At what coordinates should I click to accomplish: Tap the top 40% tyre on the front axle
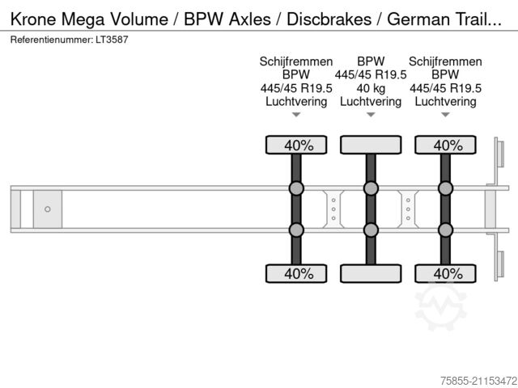tap(296, 145)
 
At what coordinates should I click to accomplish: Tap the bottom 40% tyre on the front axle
tap(296, 274)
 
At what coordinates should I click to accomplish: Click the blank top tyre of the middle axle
tap(371, 145)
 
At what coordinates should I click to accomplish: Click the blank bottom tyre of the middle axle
tap(371, 274)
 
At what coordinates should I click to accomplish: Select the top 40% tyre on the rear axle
tap(445, 145)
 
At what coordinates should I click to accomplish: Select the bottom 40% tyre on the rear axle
tap(445, 274)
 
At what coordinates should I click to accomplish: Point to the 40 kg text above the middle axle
tap(371, 88)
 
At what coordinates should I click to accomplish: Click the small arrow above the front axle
tap(296, 115)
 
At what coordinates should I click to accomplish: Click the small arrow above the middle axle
tap(371, 115)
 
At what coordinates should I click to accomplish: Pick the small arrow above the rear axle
tap(445, 115)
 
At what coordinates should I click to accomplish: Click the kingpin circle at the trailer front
tap(48, 209)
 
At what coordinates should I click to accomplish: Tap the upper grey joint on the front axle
tap(296, 189)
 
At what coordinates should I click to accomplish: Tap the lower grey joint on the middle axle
tap(371, 230)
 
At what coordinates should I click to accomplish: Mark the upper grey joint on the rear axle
tap(445, 189)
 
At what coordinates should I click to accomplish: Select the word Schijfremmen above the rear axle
tap(445, 61)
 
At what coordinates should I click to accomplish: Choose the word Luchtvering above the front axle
tap(296, 102)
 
